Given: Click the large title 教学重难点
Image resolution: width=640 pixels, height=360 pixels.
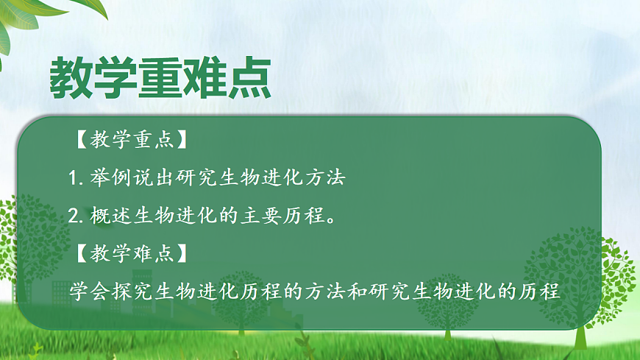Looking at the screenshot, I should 160,77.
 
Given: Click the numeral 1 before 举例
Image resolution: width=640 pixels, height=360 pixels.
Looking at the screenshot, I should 72,178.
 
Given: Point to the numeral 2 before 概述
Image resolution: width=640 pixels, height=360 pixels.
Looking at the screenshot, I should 72,216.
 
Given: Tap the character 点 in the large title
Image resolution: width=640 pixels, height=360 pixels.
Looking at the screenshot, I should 248,77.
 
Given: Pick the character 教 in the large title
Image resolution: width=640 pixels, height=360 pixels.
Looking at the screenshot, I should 71,77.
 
